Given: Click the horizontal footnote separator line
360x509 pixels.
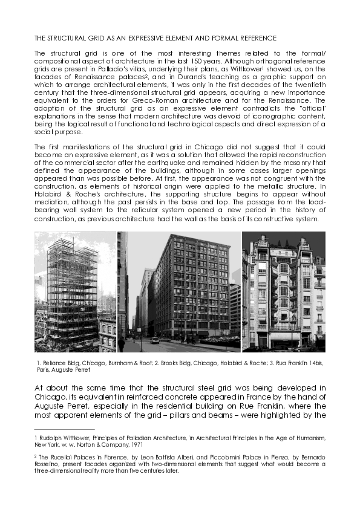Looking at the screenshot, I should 61,429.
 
